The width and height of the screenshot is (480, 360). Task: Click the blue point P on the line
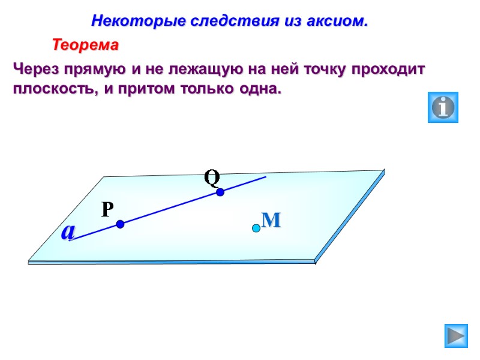(120, 224)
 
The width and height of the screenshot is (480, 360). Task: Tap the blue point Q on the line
(220, 192)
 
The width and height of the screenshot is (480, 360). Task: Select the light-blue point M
(256, 228)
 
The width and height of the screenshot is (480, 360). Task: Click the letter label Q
(212, 177)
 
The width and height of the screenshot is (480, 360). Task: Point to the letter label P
(107, 209)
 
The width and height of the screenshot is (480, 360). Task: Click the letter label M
(272, 220)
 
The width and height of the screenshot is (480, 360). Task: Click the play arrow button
(456, 335)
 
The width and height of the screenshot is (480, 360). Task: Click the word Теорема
(86, 45)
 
